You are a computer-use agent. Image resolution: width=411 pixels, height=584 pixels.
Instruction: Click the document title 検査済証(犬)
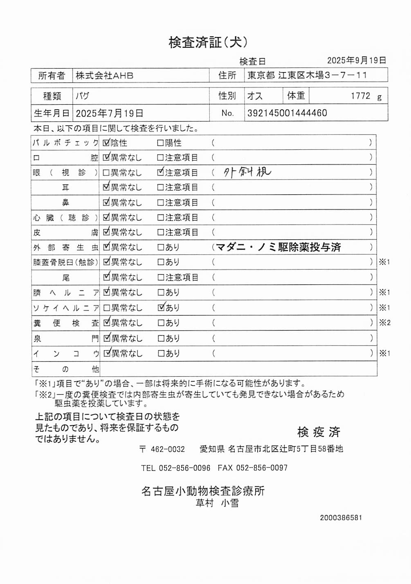[x=208, y=42]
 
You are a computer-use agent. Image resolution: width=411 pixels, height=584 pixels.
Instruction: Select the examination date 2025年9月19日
[x=356, y=61]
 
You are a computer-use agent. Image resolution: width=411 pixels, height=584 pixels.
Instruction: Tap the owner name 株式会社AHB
[x=104, y=76]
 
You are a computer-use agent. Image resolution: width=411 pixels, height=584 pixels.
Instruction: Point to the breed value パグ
[x=82, y=96]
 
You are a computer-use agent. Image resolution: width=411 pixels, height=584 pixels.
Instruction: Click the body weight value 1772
[x=360, y=96]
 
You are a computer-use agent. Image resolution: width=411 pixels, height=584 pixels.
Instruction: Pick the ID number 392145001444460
[x=287, y=113]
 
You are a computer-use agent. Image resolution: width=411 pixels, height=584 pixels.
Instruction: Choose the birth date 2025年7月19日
[x=110, y=113]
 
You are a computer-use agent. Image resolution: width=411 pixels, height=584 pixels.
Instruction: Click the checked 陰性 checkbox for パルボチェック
[x=106, y=143]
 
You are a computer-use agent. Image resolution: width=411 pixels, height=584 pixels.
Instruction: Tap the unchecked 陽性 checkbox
[x=160, y=143]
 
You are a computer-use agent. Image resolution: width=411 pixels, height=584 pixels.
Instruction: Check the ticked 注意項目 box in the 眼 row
[x=160, y=172]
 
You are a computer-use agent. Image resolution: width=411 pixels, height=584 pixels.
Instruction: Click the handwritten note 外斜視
[x=247, y=172]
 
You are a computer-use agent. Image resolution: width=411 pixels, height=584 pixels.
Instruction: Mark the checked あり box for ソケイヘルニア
[x=161, y=308]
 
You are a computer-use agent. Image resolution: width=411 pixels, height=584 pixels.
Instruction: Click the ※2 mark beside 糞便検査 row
[x=384, y=323]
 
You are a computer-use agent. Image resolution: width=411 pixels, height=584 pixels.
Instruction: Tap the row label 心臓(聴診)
[x=65, y=218]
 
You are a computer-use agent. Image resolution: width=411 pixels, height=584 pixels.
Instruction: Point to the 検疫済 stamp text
[x=319, y=432]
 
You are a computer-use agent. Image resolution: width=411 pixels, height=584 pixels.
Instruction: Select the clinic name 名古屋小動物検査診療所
[x=203, y=491]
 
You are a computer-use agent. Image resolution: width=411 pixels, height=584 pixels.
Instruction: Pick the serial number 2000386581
[x=341, y=518]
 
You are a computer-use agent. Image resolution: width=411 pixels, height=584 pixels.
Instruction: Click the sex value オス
[x=255, y=96]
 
